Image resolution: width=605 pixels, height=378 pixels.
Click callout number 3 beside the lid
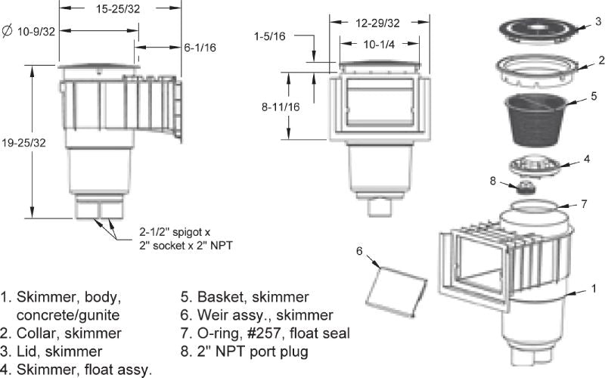point(597,21)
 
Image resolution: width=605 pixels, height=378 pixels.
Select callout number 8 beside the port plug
point(494,181)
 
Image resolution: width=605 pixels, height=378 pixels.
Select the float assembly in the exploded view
point(538,166)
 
